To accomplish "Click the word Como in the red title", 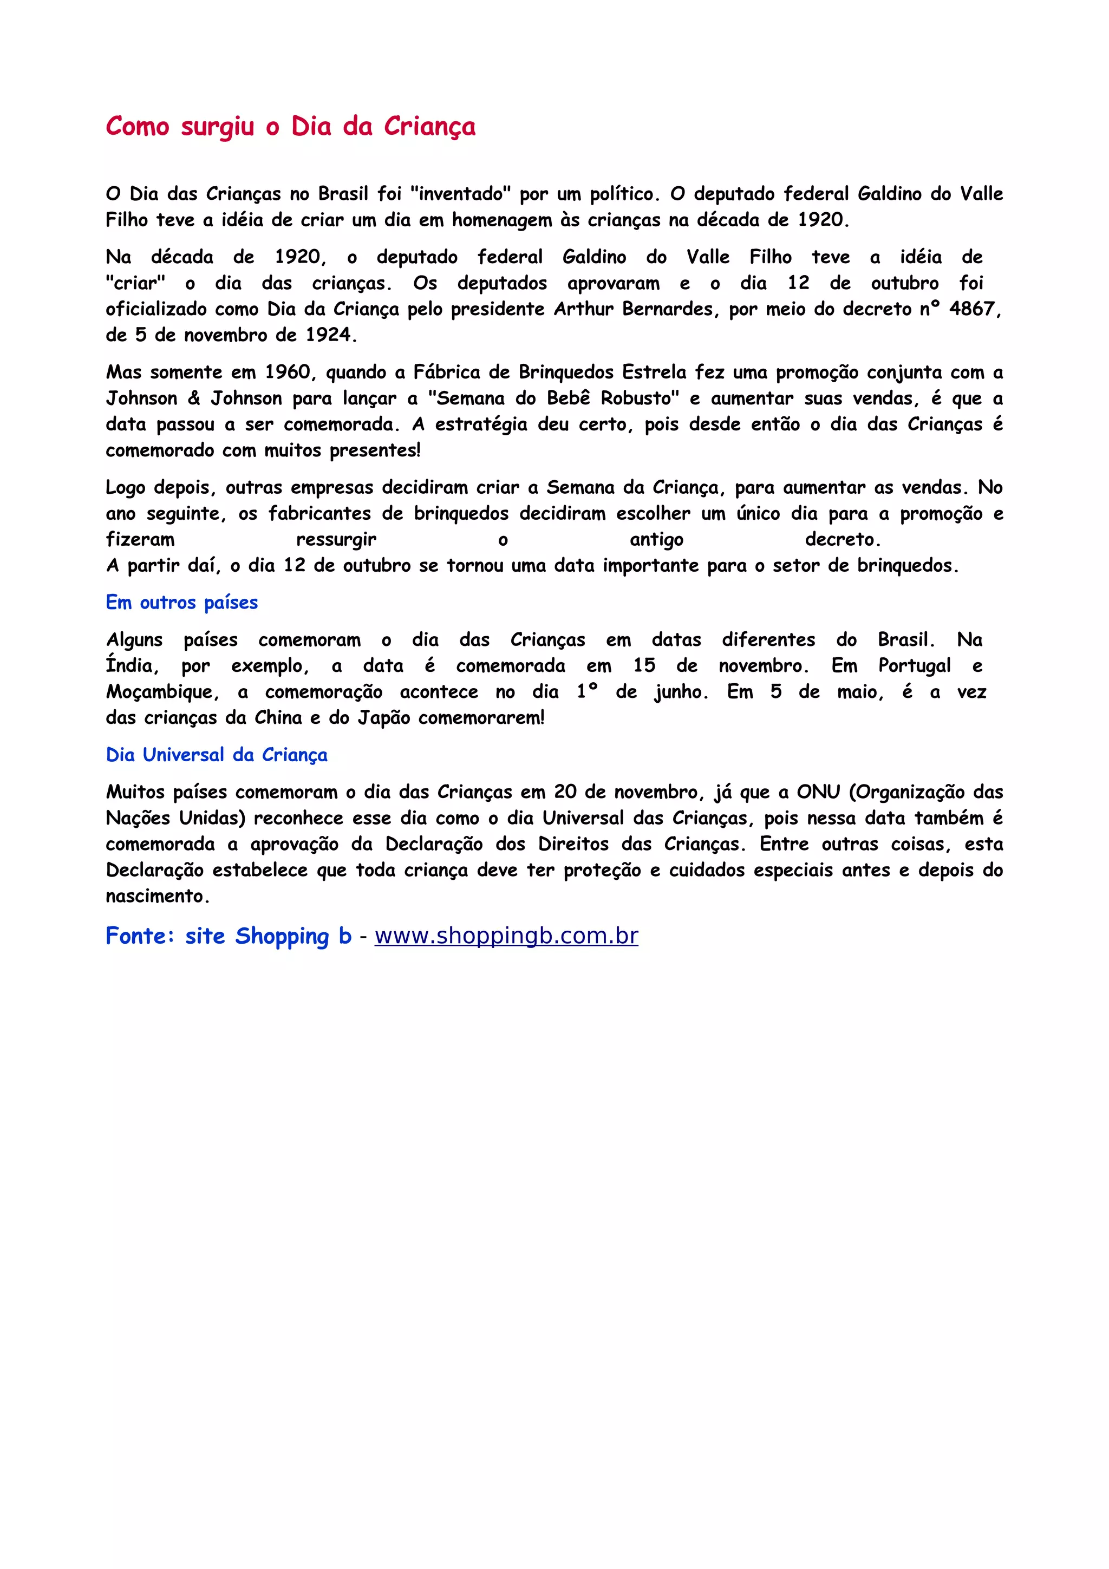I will click(x=138, y=127).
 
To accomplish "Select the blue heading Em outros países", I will click(x=182, y=603).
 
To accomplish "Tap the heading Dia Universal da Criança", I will click(x=217, y=755).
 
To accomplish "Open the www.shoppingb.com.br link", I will click(x=506, y=936).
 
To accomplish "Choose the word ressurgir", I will click(x=336, y=540).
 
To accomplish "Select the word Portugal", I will click(x=914, y=665).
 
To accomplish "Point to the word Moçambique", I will click(x=162, y=692).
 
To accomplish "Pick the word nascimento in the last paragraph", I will click(x=156, y=897).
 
